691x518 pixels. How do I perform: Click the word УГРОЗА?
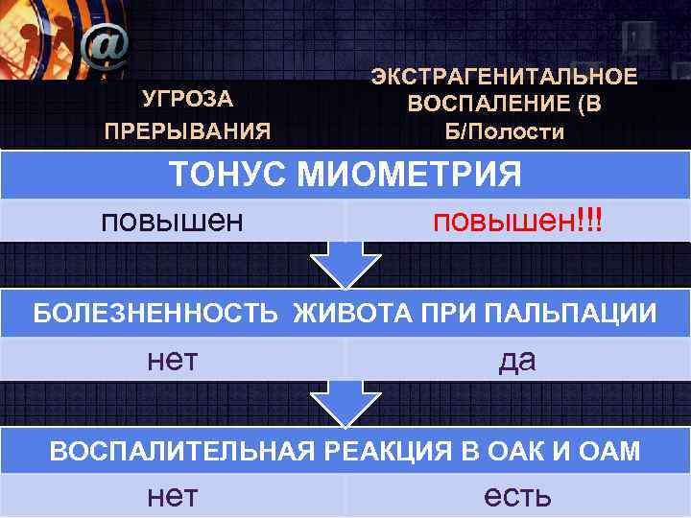[188, 98]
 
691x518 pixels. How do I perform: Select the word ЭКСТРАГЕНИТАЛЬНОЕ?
[504, 77]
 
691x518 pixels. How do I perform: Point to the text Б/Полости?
[504, 130]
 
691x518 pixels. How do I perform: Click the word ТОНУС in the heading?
[227, 176]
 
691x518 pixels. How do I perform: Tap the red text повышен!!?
[516, 221]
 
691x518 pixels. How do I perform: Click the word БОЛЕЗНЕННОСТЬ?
[157, 314]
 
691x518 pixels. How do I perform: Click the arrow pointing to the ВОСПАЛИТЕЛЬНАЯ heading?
[343, 405]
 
